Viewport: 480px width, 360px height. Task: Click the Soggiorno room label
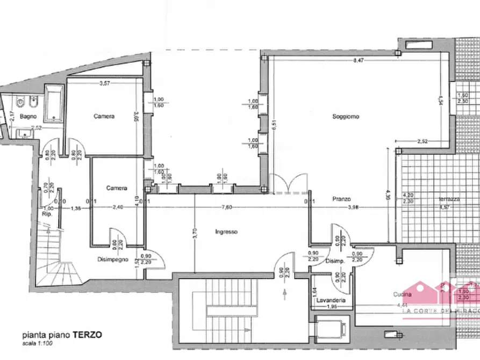coord(345,117)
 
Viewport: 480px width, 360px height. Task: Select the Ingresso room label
coord(226,232)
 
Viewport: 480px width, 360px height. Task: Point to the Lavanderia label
coord(331,300)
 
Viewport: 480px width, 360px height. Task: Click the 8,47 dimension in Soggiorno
coord(359,61)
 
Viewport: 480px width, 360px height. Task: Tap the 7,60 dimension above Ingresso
coord(227,207)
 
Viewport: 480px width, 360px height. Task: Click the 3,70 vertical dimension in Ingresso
coord(194,234)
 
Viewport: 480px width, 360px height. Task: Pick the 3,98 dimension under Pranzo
coord(353,207)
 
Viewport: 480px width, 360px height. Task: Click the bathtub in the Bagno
coord(54,103)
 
